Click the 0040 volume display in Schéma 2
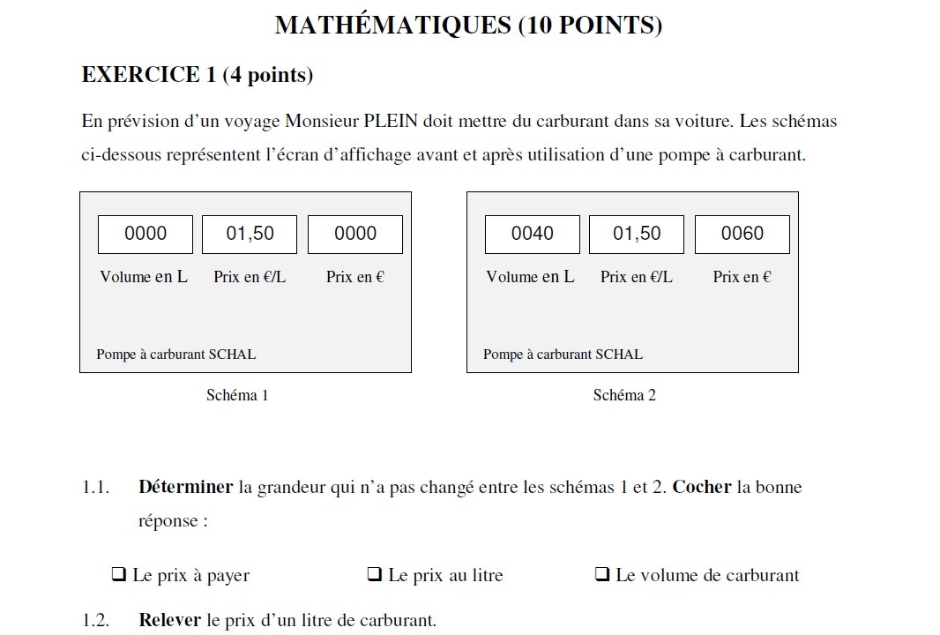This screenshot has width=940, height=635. pyautogui.click(x=533, y=234)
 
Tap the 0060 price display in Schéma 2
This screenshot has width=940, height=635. pyautogui.click(x=742, y=234)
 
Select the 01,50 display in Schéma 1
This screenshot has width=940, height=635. pyautogui.click(x=250, y=234)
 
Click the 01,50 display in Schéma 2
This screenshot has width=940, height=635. pyautogui.click(x=637, y=234)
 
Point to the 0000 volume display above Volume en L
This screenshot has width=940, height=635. pyautogui.click(x=145, y=234)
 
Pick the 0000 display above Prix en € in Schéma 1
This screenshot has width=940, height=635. pyautogui.click(x=355, y=234)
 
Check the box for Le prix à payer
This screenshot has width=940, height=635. pyautogui.click(x=118, y=575)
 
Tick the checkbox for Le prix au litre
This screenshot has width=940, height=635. pyautogui.click(x=374, y=575)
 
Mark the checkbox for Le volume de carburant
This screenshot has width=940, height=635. pyautogui.click(x=602, y=575)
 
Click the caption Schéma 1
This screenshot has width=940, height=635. pyautogui.click(x=237, y=395)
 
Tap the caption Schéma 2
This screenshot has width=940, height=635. pyautogui.click(x=624, y=395)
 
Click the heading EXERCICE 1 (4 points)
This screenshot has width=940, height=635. pyautogui.click(x=198, y=75)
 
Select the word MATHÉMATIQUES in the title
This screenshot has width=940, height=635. pyautogui.click(x=392, y=25)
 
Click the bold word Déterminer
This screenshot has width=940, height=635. pyautogui.click(x=185, y=487)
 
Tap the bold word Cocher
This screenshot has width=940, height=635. pyautogui.click(x=702, y=487)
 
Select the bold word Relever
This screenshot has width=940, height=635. pyautogui.click(x=170, y=620)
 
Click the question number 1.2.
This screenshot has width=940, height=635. pyautogui.click(x=95, y=620)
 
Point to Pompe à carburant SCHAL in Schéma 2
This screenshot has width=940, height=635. pyautogui.click(x=563, y=355)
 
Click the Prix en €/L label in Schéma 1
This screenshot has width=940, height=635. pyautogui.click(x=250, y=277)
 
